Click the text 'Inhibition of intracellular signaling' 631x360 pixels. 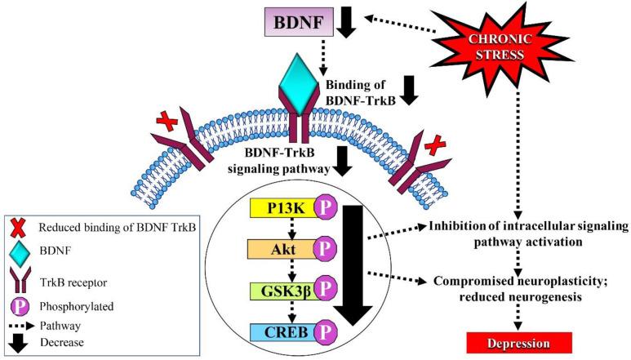pyautogui.click(x=522, y=226)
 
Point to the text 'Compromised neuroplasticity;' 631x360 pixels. pyautogui.click(x=522, y=282)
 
